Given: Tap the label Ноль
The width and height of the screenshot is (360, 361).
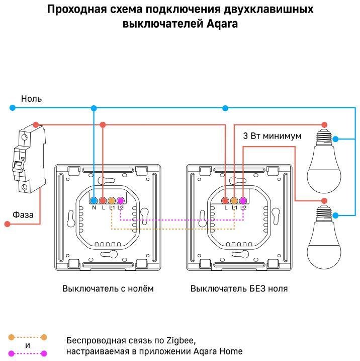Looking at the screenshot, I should [x=31, y=99].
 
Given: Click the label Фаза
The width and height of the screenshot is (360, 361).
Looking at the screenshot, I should [x=23, y=215].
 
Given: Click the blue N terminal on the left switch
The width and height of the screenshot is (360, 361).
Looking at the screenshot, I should [x=94, y=200].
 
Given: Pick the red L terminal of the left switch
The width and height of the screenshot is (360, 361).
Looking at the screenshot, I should [x=103, y=200].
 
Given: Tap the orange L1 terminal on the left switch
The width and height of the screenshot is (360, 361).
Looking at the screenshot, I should [x=112, y=200].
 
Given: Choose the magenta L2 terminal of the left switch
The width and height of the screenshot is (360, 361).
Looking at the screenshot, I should [x=120, y=200].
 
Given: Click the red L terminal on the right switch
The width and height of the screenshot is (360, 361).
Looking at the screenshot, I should [x=226, y=200].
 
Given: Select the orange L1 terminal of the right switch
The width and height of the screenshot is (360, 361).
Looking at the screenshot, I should [x=234, y=200].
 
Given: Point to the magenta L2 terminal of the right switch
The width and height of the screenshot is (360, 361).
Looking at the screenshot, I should [x=243, y=200].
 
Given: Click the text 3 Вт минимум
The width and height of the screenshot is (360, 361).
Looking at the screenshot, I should [x=272, y=136].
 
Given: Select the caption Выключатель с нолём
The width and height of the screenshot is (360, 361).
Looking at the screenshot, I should [x=108, y=288].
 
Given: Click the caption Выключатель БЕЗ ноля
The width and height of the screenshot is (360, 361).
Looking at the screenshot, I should [x=239, y=288].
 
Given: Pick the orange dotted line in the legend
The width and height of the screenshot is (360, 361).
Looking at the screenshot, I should [x=27, y=337].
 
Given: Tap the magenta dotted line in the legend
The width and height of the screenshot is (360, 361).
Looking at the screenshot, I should [x=27, y=353].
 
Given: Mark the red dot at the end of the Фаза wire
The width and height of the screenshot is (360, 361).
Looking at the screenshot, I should [x=7, y=224].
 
